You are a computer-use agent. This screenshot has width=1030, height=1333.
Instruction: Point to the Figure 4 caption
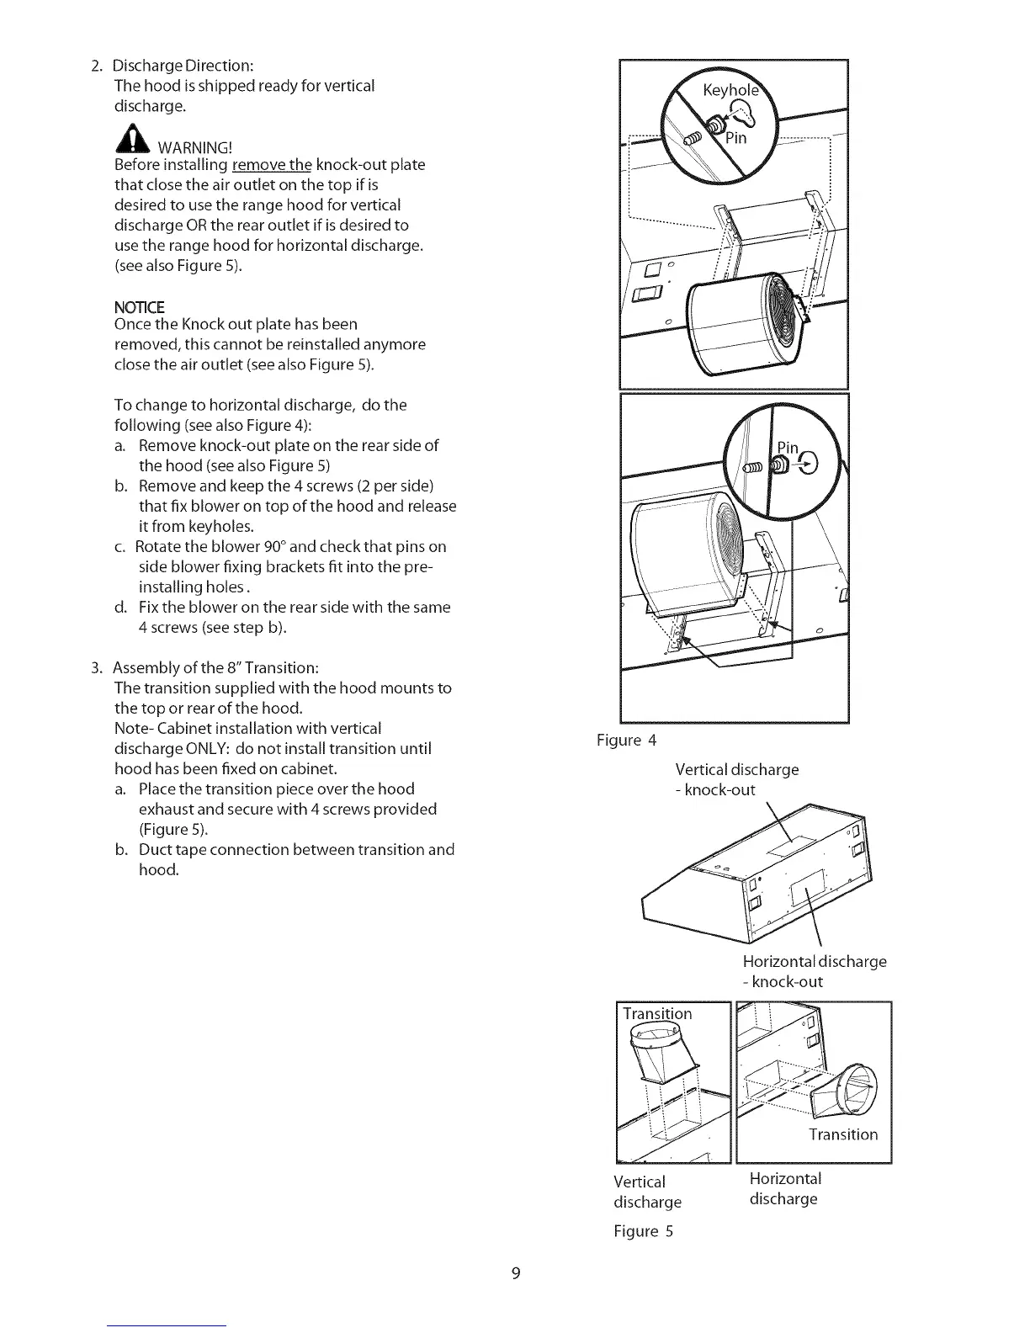tap(626, 741)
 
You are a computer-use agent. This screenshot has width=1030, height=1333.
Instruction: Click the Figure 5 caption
tap(644, 1232)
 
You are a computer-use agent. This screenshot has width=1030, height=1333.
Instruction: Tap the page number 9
tap(516, 1273)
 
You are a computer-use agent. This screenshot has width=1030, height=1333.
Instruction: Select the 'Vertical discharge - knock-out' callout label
tap(736, 779)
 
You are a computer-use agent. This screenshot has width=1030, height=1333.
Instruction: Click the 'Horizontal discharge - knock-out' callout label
tap(814, 971)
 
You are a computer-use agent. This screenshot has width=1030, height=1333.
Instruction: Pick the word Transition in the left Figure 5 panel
tap(657, 1014)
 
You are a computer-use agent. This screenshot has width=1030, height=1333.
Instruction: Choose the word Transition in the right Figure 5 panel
tap(843, 1134)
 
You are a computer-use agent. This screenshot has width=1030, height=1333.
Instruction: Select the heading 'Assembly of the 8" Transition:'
tap(215, 668)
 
